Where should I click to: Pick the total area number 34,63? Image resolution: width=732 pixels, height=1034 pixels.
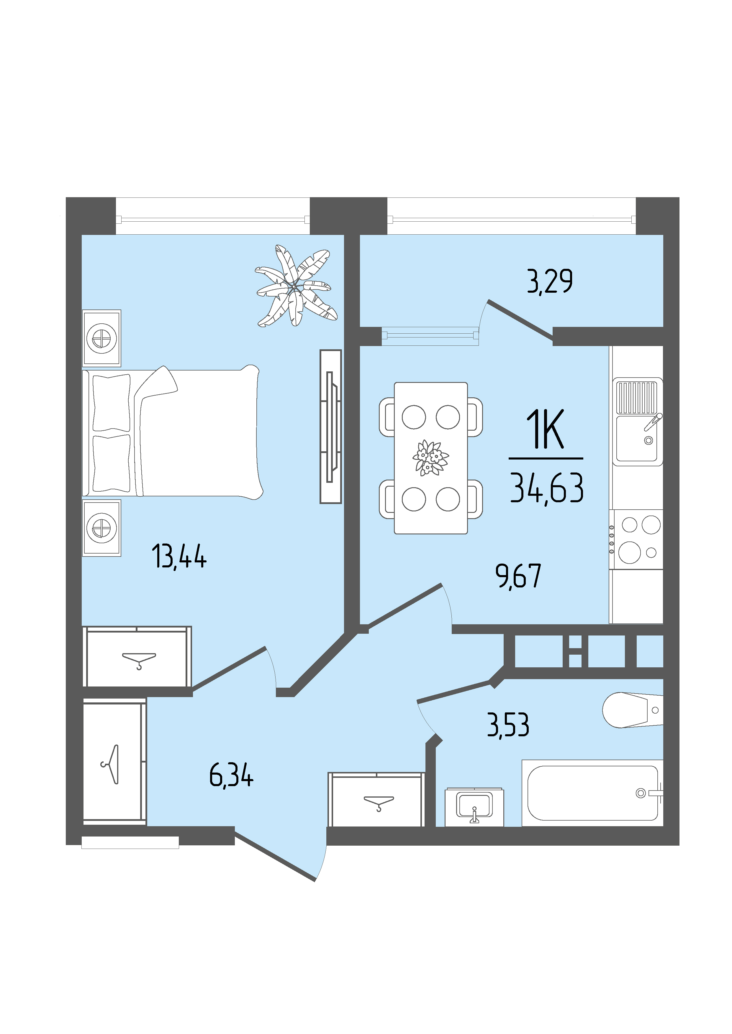click(547, 489)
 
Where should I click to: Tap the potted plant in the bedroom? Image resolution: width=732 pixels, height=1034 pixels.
click(295, 286)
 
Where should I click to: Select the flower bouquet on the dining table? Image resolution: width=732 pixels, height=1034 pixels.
click(430, 457)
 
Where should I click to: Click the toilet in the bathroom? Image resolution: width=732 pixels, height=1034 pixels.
click(632, 710)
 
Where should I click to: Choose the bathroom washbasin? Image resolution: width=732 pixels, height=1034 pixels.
click(474, 807)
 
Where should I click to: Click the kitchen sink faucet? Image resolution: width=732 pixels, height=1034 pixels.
click(652, 422)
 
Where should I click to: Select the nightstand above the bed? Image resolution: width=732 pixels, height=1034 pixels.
click(102, 338)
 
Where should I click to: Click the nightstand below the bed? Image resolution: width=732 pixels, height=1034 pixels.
click(102, 528)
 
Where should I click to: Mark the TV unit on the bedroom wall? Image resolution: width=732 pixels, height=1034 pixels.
click(331, 427)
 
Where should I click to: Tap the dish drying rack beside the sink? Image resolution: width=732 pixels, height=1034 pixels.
click(636, 397)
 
